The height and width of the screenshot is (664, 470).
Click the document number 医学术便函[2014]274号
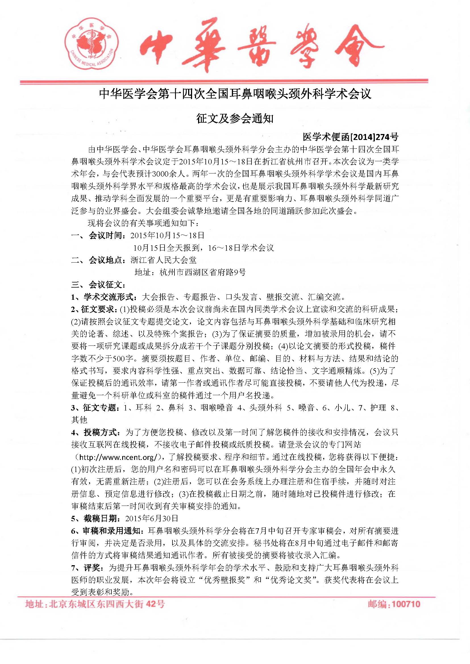(x=350, y=137)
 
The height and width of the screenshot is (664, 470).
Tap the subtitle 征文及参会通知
(x=235, y=119)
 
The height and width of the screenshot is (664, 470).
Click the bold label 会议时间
(x=107, y=235)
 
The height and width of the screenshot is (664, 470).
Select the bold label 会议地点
(x=107, y=260)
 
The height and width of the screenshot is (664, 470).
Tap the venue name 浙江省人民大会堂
(x=163, y=260)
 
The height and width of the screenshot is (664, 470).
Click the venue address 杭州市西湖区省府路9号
(x=202, y=273)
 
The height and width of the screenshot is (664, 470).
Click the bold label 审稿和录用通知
(x=113, y=531)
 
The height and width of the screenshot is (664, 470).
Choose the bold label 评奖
(x=93, y=568)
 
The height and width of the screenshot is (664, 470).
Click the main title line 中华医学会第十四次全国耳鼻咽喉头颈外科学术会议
(x=235, y=94)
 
